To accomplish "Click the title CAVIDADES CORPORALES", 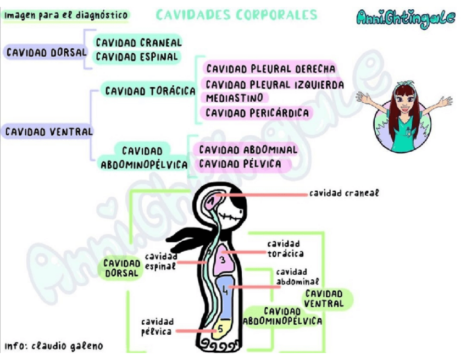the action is (x=237, y=14).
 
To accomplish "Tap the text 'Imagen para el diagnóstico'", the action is (x=66, y=15).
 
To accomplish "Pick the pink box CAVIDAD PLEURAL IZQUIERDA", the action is (x=275, y=84).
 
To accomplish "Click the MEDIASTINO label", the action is (x=234, y=98).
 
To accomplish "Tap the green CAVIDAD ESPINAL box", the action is (x=137, y=57).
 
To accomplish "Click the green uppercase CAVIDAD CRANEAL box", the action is (x=138, y=42).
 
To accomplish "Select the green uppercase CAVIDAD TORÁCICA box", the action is (x=150, y=91).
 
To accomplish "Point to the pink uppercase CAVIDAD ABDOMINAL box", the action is (x=248, y=149).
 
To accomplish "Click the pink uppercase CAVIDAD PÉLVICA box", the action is (x=240, y=164).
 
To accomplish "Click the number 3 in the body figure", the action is (x=222, y=259).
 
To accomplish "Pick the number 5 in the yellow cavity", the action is (x=219, y=329).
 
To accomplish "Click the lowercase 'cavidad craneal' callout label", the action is (x=344, y=193).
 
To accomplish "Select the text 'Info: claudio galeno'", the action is (x=54, y=346).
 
